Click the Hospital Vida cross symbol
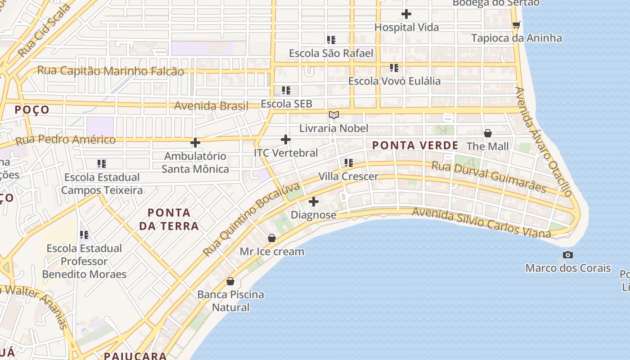click(x=406, y=14)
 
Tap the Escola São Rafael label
click(x=331, y=54)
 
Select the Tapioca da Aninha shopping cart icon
click(x=516, y=25)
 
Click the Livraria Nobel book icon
click(x=333, y=115)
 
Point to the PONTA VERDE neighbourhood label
click(x=415, y=145)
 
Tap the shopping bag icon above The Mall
click(x=487, y=133)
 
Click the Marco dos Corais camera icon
click(x=568, y=255)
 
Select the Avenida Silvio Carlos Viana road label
click(x=481, y=222)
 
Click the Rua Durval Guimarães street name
click(x=489, y=177)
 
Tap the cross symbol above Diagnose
click(x=314, y=202)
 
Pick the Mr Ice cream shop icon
click(x=271, y=238)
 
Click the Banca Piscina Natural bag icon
click(x=230, y=281)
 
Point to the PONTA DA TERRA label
click(x=169, y=219)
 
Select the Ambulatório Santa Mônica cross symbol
click(x=195, y=143)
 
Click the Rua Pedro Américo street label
click(x=66, y=139)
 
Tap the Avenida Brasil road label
click(x=211, y=106)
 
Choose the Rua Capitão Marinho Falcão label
click(x=111, y=71)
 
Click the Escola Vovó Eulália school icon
click(x=394, y=68)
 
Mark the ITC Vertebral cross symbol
click(x=286, y=139)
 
